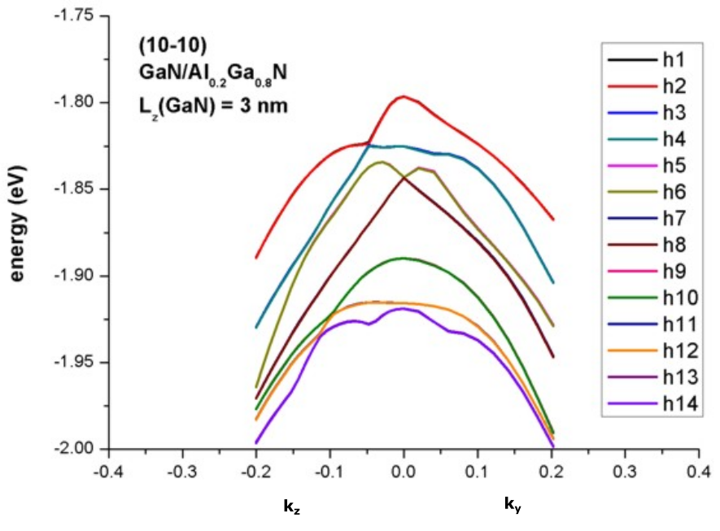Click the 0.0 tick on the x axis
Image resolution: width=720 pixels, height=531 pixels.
(x=403, y=471)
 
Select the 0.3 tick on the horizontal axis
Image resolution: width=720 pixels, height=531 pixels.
(x=624, y=471)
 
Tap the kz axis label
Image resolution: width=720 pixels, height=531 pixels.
(x=292, y=507)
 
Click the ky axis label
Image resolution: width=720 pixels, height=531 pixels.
(x=513, y=507)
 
